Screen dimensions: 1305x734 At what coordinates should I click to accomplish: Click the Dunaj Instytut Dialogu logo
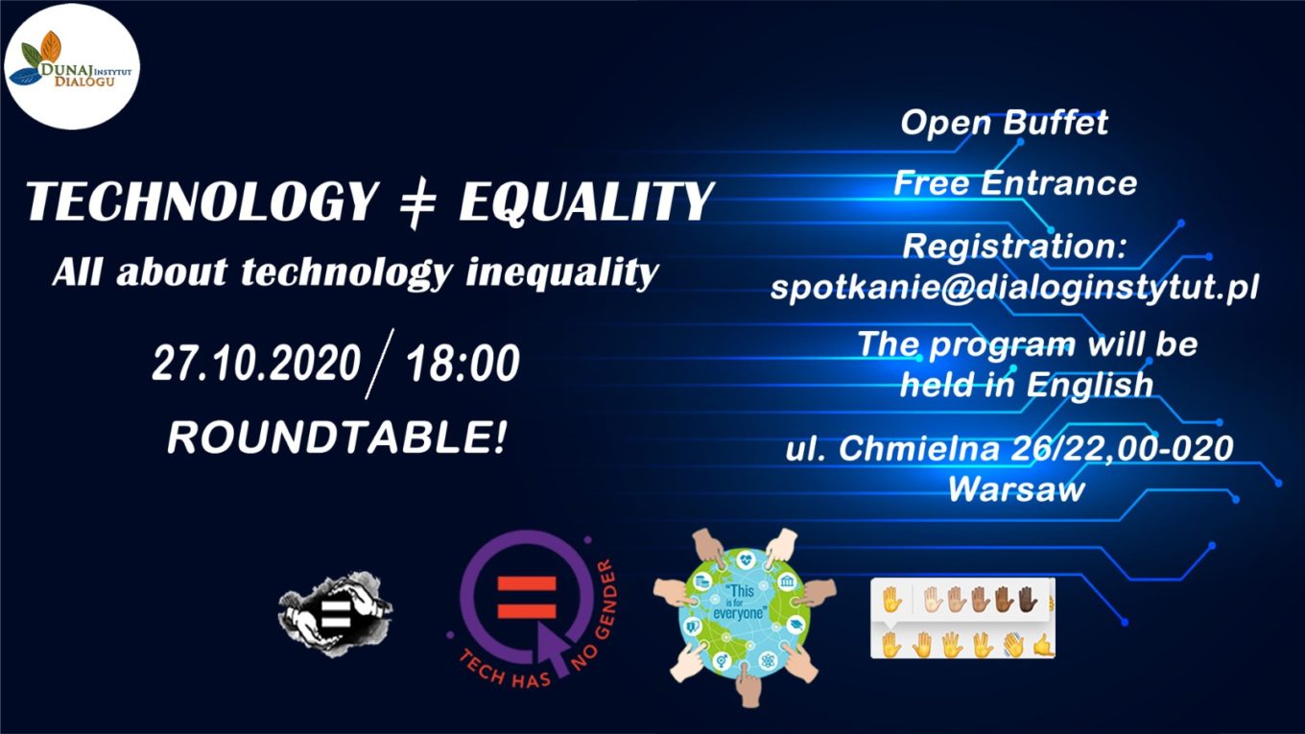72,66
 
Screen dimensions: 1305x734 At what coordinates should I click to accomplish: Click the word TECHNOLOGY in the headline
202,201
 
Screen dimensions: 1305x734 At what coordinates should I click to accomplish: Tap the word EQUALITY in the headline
586,201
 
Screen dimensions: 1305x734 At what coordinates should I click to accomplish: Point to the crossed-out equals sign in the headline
417,202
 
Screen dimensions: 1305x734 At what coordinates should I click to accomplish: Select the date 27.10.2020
256,363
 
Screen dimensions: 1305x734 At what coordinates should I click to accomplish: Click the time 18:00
463,363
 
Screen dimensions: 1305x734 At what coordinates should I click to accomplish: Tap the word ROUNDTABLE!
337,437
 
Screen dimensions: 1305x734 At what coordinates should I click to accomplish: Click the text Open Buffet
1004,123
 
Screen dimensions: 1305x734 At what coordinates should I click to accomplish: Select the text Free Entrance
1015,183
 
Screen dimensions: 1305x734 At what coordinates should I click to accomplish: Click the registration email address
1014,287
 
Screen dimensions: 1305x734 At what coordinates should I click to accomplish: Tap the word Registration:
1014,247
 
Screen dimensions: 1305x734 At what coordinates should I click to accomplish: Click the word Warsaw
1016,488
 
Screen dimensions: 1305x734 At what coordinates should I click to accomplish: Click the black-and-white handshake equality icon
335,614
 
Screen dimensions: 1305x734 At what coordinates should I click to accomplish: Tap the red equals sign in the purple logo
527,598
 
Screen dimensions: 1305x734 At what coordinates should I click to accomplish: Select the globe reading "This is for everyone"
744,615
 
